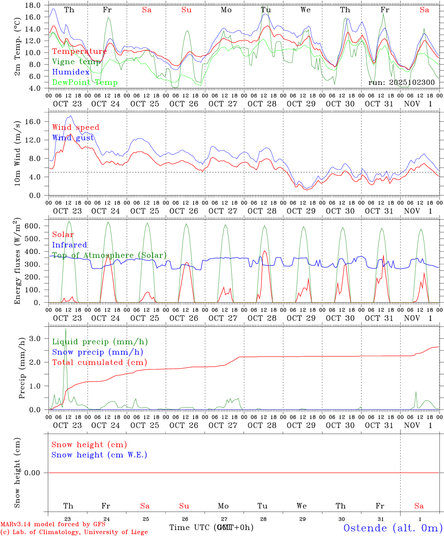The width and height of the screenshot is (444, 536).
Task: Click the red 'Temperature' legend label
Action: tap(79, 51)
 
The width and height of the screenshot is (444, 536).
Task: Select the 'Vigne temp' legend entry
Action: tap(76, 62)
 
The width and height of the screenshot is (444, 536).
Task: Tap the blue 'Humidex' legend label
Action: tap(71, 72)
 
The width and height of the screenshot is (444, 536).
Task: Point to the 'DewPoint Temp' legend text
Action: tap(85, 83)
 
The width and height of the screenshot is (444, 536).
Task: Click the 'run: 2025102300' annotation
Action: tap(401, 83)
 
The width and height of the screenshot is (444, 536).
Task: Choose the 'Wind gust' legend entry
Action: tap(73, 138)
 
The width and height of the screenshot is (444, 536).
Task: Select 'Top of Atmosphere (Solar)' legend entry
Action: tap(109, 255)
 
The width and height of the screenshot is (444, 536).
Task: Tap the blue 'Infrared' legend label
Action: tap(70, 245)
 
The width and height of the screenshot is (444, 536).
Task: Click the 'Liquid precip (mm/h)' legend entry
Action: tap(100, 342)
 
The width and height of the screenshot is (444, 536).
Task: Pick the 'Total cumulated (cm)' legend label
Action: tap(99, 363)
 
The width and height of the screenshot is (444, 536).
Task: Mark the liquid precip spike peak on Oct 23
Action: tap(66, 329)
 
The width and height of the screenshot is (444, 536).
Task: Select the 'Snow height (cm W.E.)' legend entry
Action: tap(99, 455)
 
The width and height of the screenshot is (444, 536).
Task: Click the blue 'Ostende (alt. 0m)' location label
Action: tap(393, 528)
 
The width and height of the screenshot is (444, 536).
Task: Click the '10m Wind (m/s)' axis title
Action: tap(17, 153)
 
